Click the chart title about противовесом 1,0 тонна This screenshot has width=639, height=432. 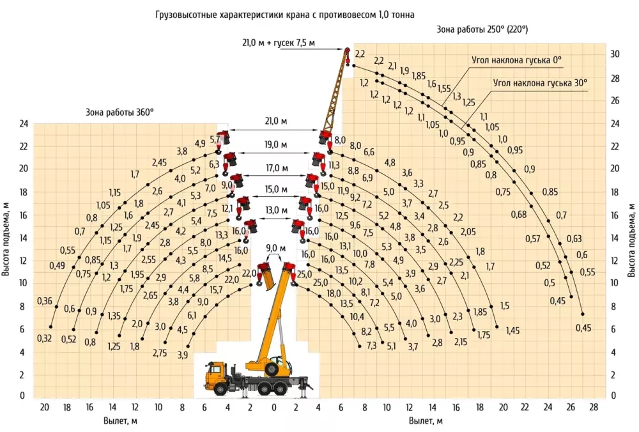[x=285, y=15]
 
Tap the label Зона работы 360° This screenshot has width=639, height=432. [x=119, y=112]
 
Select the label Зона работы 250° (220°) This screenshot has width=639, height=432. [x=482, y=29]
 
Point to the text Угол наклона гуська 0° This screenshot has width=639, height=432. [x=516, y=60]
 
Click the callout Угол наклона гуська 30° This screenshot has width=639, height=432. [x=541, y=83]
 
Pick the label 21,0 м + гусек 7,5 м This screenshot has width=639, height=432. [x=279, y=42]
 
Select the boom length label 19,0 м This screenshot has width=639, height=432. [x=275, y=144]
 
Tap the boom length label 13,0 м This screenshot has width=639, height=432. [x=276, y=210]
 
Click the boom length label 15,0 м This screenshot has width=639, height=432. [x=276, y=190]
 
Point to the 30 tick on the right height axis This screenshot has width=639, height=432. [x=615, y=54]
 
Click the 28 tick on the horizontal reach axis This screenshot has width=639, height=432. [x=594, y=406]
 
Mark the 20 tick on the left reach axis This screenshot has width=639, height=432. [x=44, y=406]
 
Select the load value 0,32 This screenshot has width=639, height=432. [x=45, y=338]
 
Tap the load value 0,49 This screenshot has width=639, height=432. [x=57, y=266]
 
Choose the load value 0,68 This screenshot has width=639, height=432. [x=519, y=214]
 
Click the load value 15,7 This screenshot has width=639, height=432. [x=216, y=289]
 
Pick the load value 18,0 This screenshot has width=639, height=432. [x=334, y=293]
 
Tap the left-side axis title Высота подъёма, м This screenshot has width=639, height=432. [x=6, y=239]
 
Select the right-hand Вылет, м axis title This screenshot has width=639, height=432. [x=426, y=421]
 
